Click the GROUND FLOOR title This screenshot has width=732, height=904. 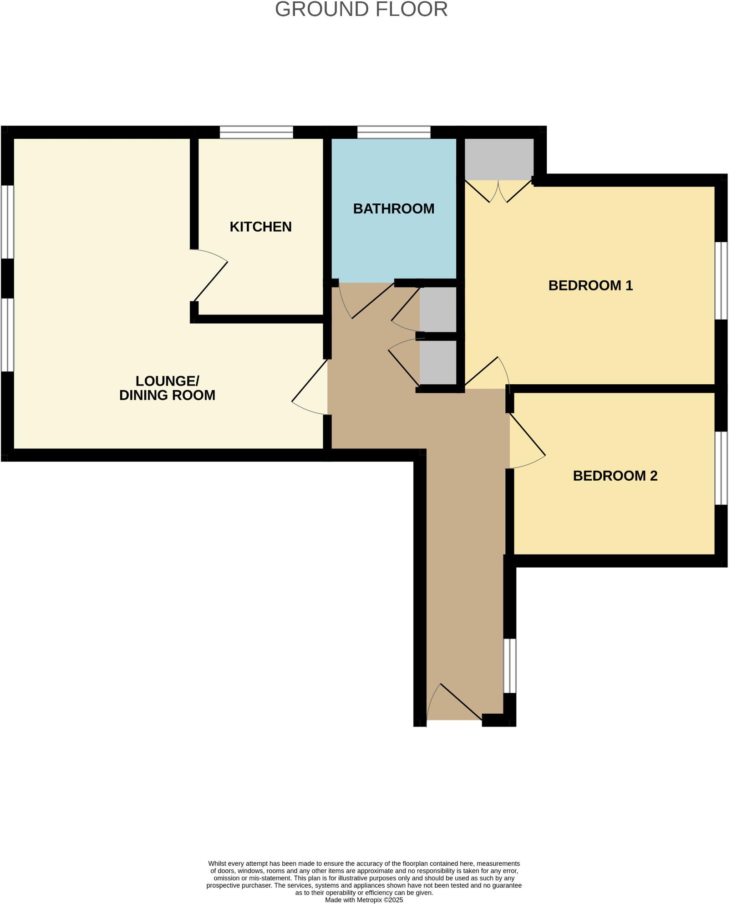click(361, 10)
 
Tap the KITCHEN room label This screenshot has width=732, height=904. click(260, 227)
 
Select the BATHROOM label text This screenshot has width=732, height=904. click(394, 209)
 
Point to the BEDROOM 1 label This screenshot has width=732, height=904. click(590, 286)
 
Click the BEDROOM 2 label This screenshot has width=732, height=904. click(615, 476)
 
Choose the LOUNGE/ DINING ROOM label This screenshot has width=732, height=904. click(167, 388)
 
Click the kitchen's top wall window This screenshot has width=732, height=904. click(256, 132)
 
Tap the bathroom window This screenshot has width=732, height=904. click(394, 132)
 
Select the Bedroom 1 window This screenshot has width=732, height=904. click(720, 280)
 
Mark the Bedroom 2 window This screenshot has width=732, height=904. click(720, 468)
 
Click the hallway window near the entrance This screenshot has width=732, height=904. click(510, 665)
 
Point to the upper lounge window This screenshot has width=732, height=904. click(7, 222)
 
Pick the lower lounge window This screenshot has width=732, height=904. click(7, 335)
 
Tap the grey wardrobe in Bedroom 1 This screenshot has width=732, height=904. click(498, 159)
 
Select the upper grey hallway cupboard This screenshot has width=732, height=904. click(438, 310)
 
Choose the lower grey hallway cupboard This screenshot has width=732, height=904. click(438, 362)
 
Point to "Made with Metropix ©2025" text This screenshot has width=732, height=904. click(364, 900)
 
